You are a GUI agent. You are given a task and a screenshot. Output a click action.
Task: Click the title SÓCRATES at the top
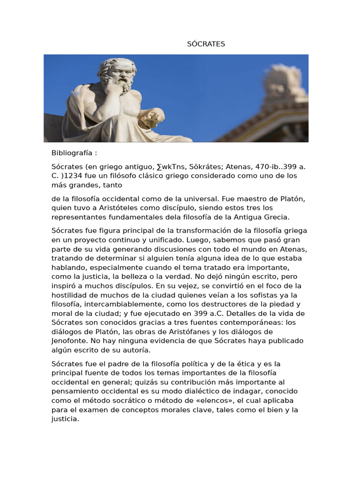point(206,44)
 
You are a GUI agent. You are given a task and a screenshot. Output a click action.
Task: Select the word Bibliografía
point(73,153)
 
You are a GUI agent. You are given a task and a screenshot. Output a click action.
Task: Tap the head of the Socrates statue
point(117,73)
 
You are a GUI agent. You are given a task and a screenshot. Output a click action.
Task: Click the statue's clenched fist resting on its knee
point(153,114)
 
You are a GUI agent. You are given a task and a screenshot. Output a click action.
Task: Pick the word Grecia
point(277,217)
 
